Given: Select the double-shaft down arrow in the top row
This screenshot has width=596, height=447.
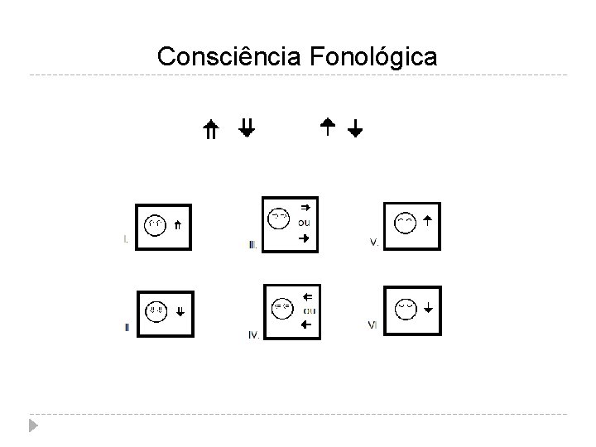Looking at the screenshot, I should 246,127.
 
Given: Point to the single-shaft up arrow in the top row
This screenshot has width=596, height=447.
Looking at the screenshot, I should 327,126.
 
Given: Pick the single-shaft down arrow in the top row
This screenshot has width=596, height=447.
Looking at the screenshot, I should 355,128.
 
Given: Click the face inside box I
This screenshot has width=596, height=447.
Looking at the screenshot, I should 155,224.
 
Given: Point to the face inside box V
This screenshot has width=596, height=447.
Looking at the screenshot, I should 405,223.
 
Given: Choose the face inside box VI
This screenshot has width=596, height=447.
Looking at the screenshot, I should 405,307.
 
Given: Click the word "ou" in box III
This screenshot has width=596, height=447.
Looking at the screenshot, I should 305,222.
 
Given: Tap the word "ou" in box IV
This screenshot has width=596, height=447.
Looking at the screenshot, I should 309,310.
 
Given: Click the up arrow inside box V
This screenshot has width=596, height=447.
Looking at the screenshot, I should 428,220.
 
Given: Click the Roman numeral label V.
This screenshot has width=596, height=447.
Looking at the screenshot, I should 374,243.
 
